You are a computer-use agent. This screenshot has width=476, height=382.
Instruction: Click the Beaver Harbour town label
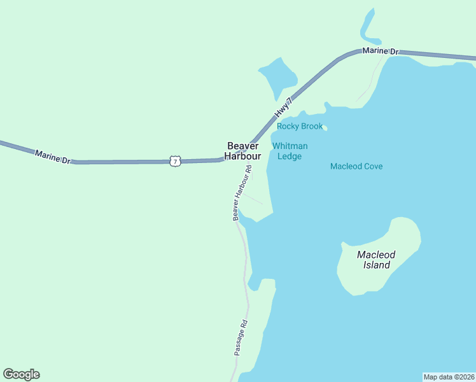coord(242,151)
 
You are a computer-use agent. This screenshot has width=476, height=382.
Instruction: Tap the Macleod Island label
coord(376,260)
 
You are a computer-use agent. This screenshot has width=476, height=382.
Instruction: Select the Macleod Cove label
coord(356,167)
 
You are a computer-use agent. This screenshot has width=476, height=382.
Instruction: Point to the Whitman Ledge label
coord(290,151)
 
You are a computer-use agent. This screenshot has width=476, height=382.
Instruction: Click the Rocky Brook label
coord(300,127)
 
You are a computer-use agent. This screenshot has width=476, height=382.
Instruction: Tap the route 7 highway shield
coord(176,162)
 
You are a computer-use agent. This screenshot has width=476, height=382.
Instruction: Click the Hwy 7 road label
coord(283,107)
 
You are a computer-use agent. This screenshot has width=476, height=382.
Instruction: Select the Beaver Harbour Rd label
coord(242,193)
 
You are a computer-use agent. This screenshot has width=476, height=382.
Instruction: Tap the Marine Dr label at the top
coord(380,51)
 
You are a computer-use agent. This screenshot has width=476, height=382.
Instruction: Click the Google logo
coord(21,374)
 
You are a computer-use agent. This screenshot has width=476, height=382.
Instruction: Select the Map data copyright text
coord(449,376)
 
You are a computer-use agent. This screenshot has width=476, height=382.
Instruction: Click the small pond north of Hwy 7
coord(278,76)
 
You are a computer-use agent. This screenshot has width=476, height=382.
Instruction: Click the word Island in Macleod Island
coord(377,265)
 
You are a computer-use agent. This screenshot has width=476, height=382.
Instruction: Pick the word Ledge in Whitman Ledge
coord(290,156)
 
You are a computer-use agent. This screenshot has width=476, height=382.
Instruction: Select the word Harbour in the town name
coord(242,156)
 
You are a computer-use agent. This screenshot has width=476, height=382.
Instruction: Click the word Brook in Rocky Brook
coord(311,127)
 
